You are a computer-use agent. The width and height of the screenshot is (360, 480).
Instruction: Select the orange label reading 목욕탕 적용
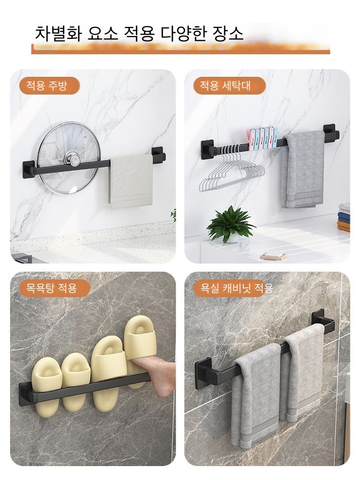click(51, 288)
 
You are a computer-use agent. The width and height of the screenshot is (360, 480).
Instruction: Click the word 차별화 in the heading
click(58, 33)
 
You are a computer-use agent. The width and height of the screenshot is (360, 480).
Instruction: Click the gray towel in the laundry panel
click(302, 169)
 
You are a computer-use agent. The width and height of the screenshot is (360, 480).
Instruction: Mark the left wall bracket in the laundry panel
click(208, 150)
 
